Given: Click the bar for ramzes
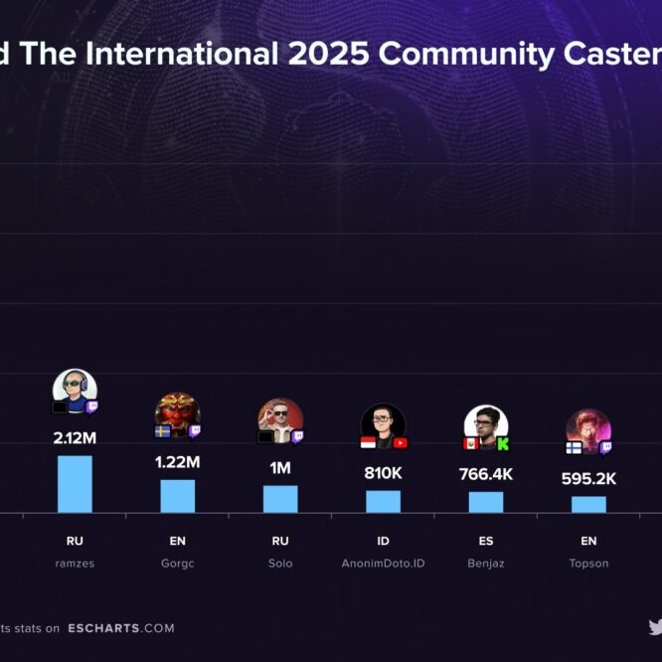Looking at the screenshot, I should click(75, 484).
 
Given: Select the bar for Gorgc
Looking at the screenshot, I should click(178, 496).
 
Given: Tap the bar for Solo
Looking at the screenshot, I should click(280, 499).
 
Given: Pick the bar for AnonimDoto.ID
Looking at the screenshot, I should click(383, 501).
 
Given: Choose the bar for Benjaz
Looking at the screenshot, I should click(486, 502).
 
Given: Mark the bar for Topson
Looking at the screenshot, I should click(588, 504).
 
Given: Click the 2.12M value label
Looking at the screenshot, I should click(75, 437).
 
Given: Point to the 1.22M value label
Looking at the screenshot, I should click(178, 462).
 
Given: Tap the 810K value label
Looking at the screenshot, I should click(383, 473).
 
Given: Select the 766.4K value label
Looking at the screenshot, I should click(486, 474).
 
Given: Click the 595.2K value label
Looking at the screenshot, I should click(588, 479).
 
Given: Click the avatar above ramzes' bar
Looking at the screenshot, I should click(75, 389).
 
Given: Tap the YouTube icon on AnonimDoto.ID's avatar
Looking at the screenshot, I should click(401, 442).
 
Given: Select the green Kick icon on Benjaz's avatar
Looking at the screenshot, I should click(503, 443).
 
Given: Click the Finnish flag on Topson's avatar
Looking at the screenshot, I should click(574, 447).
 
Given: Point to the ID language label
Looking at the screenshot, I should click(383, 542).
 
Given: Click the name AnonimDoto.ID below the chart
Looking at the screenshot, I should click(383, 564).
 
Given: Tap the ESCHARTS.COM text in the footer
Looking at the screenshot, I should click(121, 628).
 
